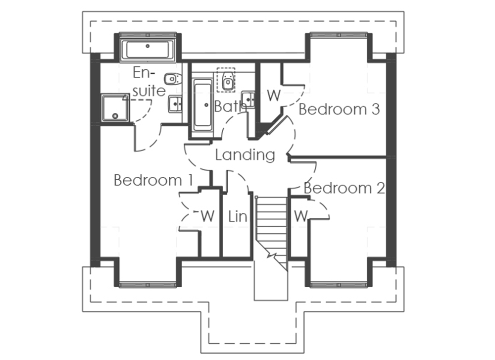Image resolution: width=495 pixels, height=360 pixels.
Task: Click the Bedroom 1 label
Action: (153, 180)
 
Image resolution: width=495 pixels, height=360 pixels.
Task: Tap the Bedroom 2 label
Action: (344, 188)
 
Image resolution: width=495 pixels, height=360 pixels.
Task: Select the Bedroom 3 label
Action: (339, 109)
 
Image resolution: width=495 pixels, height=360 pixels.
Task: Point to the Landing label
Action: (246, 155)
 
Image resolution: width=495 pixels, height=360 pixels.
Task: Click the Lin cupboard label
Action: (238, 216)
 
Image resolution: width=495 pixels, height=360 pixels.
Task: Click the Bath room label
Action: (230, 106)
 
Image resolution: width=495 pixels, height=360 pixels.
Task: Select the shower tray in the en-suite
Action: (115, 107)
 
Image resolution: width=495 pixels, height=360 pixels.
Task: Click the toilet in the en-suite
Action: (173, 79)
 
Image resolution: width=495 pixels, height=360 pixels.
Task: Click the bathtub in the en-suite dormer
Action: (148, 50)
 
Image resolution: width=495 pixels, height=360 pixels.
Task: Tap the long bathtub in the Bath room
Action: (202, 105)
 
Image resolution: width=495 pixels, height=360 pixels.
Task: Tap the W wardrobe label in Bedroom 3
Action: (274, 95)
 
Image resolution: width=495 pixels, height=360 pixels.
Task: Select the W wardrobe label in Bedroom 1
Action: (208, 216)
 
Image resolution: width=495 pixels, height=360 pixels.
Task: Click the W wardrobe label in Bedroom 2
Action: (301, 216)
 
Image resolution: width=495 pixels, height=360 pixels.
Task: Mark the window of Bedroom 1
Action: (148, 285)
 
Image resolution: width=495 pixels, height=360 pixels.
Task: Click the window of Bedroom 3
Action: (339, 35)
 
